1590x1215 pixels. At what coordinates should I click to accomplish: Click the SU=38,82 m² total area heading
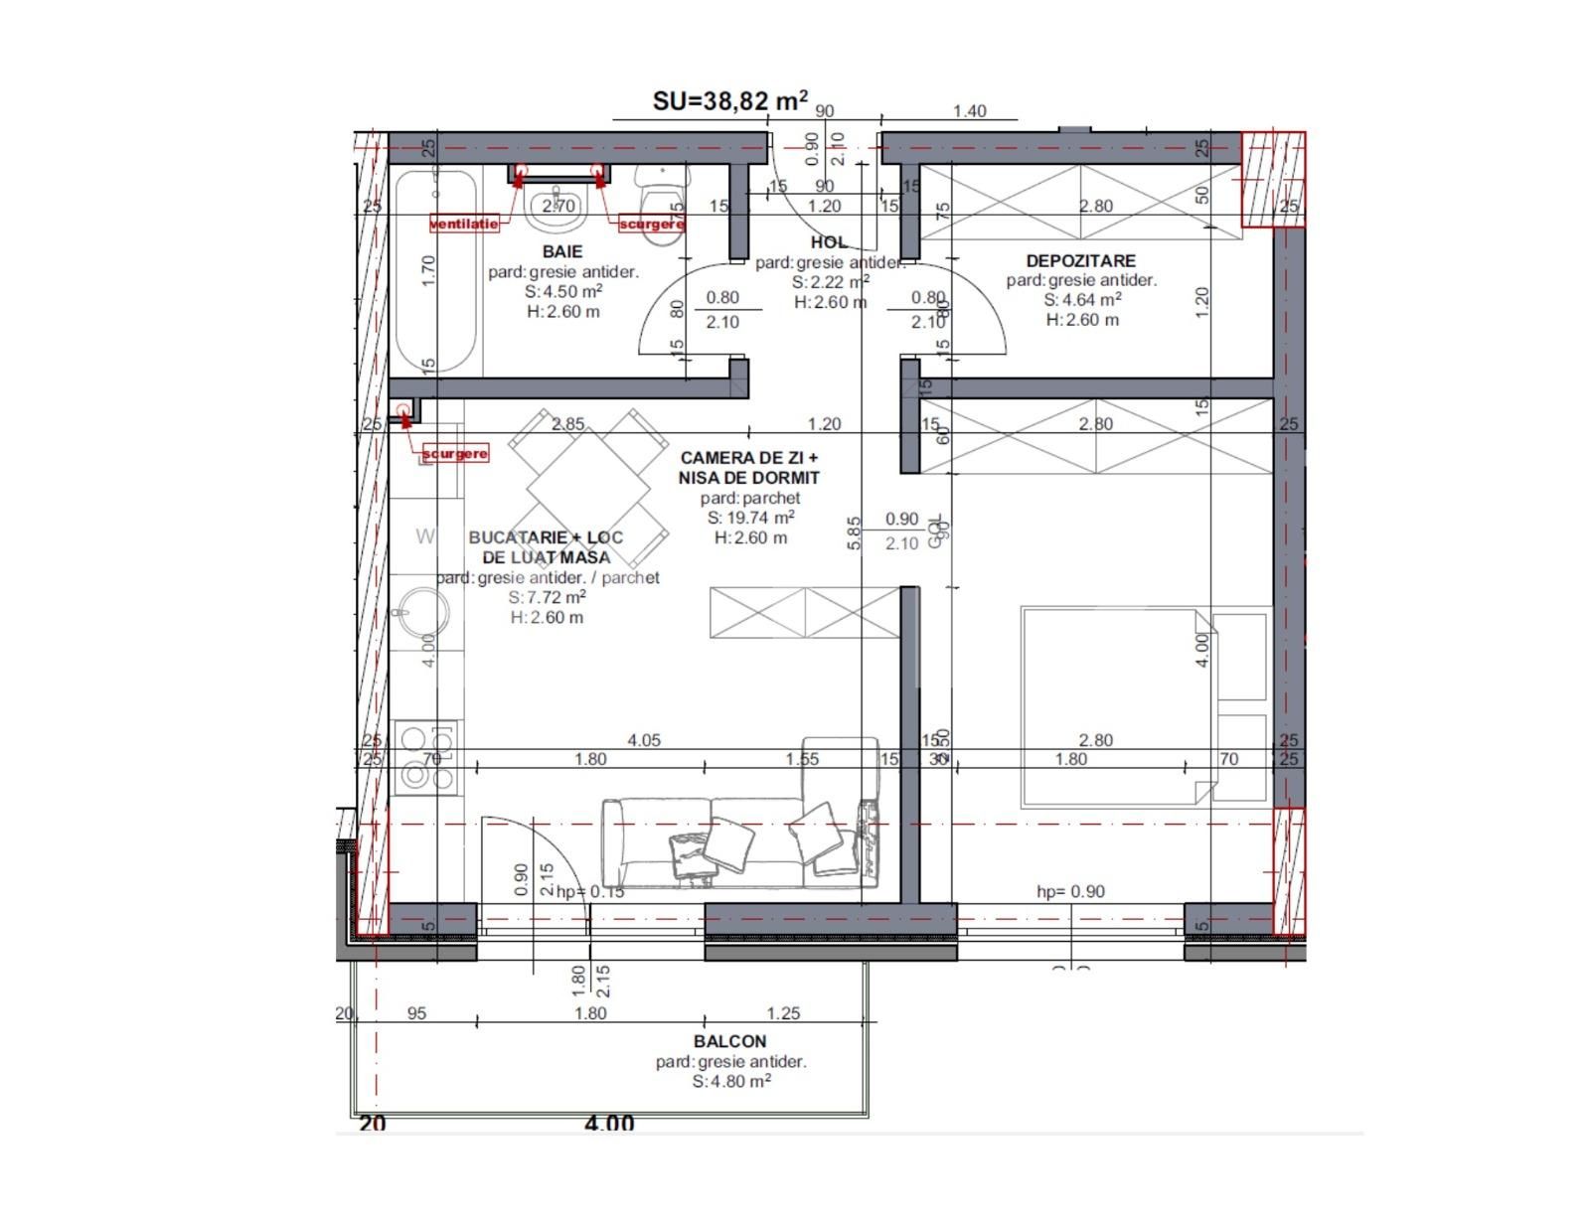pyautogui.click(x=729, y=100)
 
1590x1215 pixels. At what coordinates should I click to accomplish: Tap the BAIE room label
pyautogui.click(x=562, y=251)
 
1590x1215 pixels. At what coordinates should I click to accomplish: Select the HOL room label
pyautogui.click(x=829, y=241)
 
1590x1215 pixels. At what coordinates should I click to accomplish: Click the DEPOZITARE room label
pyautogui.click(x=1080, y=260)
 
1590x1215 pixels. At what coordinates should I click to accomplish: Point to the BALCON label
pyautogui.click(x=729, y=1041)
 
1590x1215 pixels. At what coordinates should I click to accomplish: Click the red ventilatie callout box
pyautogui.click(x=464, y=224)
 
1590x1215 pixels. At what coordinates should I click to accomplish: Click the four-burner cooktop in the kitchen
pyautogui.click(x=425, y=756)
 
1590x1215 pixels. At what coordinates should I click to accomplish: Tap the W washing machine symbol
pyautogui.click(x=425, y=536)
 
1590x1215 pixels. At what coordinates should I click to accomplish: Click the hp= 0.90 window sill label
pyautogui.click(x=1070, y=891)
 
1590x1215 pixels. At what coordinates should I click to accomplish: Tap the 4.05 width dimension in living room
pyautogui.click(x=644, y=740)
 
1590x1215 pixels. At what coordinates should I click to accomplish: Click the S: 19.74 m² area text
pyautogui.click(x=750, y=518)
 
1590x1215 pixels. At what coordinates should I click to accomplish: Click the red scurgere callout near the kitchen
pyautogui.click(x=455, y=453)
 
